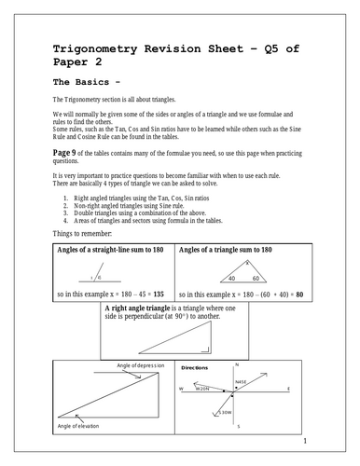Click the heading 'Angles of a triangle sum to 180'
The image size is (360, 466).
click(226, 251)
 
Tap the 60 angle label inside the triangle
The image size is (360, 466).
click(256, 278)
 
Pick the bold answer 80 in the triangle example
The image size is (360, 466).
click(297, 293)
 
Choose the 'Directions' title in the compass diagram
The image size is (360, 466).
click(195, 368)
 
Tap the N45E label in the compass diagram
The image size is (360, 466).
click(241, 382)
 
